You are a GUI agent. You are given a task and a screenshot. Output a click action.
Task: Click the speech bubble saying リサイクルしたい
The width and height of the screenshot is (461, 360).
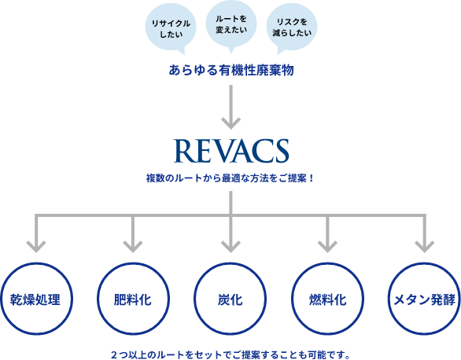tap(171, 28)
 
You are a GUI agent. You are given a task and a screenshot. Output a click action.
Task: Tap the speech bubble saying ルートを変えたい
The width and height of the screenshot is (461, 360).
tap(231, 25)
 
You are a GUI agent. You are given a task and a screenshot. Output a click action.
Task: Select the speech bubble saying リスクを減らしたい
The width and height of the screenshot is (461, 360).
tap(292, 28)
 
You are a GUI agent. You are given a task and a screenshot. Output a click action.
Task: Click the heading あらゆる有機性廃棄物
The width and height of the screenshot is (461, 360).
tap(231, 70)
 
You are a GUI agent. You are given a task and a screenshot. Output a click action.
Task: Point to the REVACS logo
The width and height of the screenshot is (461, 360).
tap(231, 151)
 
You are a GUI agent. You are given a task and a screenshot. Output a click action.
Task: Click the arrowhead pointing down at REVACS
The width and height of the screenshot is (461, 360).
tap(231, 123)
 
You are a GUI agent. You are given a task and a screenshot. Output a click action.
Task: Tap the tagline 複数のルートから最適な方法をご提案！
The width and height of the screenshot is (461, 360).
tap(230, 178)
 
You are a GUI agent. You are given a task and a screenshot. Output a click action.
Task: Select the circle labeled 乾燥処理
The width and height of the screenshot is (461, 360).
tap(36, 263)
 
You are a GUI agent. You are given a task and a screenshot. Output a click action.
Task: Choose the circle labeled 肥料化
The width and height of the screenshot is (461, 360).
tap(133, 263)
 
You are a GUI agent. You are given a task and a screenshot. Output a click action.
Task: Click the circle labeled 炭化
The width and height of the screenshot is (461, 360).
tap(230, 263)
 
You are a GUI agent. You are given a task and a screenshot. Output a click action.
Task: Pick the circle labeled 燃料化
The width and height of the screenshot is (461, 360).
tap(327, 263)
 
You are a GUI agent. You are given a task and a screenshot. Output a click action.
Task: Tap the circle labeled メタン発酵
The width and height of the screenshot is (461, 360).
tap(424, 263)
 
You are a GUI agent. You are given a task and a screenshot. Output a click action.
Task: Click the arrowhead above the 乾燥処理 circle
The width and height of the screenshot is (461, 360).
tap(36, 247)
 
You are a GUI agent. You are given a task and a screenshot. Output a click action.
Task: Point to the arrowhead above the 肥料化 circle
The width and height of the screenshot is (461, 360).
tap(133, 247)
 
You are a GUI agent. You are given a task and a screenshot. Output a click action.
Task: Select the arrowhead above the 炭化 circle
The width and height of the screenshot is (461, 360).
tap(230, 247)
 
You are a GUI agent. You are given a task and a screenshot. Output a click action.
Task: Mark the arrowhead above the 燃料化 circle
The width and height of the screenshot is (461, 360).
tap(327, 247)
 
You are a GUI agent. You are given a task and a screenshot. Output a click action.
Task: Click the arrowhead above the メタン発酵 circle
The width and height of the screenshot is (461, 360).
tap(425, 247)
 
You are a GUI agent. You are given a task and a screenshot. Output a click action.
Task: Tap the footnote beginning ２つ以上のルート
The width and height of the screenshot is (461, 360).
tap(230, 355)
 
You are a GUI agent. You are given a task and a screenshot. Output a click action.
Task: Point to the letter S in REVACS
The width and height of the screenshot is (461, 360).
tap(281, 151)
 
